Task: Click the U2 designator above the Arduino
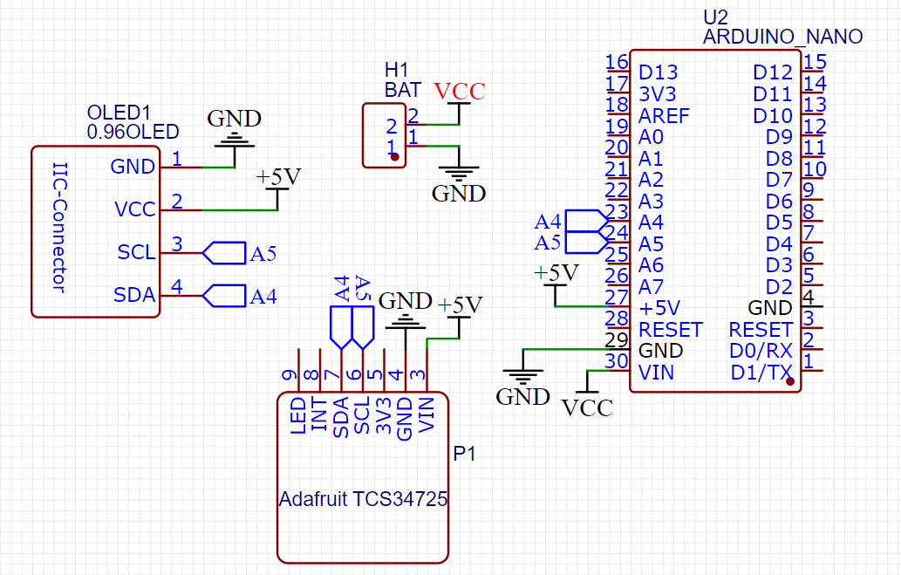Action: (x=715, y=17)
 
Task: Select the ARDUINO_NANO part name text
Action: (x=782, y=37)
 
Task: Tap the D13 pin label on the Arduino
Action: (x=658, y=72)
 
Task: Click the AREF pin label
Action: (x=664, y=115)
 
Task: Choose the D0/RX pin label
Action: (x=761, y=352)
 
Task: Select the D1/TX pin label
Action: (x=761, y=373)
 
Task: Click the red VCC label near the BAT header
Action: (x=459, y=91)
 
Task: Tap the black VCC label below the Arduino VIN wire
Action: (x=587, y=407)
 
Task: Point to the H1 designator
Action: (x=396, y=70)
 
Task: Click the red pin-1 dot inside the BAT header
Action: (x=394, y=158)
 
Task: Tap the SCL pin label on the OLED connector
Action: (x=136, y=253)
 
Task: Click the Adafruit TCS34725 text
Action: (x=363, y=500)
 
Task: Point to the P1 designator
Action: (x=464, y=454)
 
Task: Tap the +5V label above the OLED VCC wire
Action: (x=278, y=177)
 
